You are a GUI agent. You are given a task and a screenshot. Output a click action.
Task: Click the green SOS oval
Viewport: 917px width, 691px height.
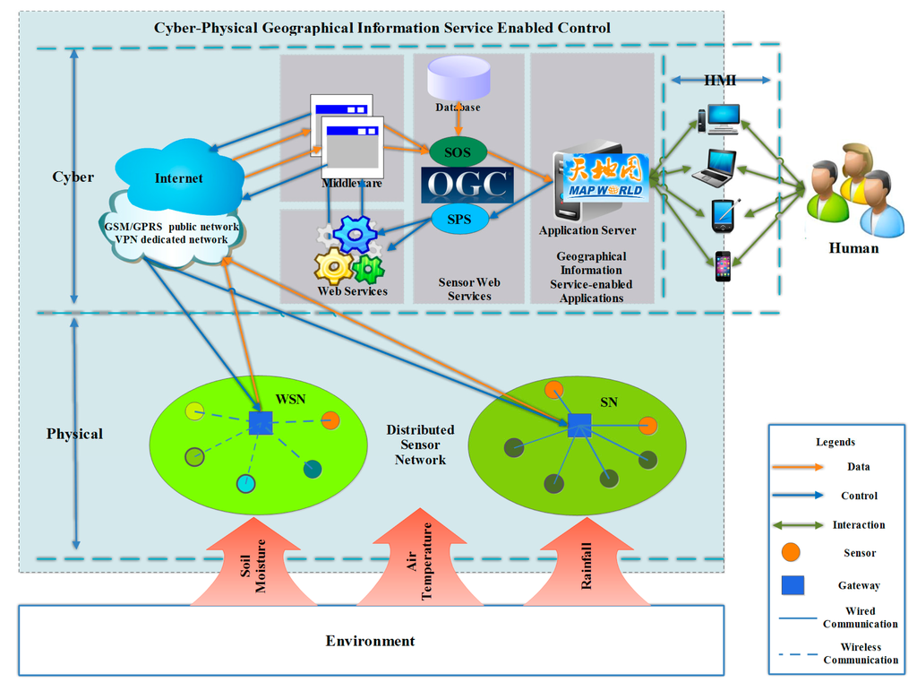coord(458,152)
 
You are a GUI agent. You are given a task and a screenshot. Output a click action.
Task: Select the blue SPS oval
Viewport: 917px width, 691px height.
coord(459,219)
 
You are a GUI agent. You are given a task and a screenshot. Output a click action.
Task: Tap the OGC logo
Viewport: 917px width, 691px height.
coord(467,185)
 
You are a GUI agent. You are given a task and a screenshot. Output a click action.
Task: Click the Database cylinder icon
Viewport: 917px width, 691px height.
coord(458,78)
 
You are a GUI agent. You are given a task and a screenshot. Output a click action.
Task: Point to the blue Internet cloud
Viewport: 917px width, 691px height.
coord(179,176)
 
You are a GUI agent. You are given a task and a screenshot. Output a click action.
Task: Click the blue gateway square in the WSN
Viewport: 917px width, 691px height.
coord(261,422)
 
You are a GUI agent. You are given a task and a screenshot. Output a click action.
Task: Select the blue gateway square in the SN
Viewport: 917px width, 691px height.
coord(579,426)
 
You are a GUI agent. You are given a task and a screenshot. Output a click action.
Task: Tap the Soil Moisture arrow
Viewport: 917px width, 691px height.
coord(253,562)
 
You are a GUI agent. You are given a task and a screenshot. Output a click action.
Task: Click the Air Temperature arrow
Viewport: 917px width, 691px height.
coord(420,557)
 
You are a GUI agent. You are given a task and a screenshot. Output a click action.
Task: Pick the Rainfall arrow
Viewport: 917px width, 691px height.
coord(587,562)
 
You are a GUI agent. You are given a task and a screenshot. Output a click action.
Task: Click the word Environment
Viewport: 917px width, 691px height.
coord(370,642)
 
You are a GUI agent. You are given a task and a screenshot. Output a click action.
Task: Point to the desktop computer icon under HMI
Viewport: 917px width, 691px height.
coord(719,119)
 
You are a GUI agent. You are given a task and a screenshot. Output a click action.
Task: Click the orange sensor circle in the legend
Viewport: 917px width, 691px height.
coord(791,552)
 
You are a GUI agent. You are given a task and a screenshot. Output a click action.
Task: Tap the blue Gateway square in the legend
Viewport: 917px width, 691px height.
coord(793,585)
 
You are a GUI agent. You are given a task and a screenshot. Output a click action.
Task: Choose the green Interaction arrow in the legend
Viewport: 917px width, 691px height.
coord(798,525)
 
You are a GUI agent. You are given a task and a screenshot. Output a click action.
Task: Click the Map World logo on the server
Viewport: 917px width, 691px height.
coord(606,177)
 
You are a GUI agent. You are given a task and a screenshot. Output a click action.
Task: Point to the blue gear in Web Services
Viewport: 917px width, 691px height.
coord(355,234)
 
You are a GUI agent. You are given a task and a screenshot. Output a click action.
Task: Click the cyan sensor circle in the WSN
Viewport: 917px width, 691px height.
coord(245,484)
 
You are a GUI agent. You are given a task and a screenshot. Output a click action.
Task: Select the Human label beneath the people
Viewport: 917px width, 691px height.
coord(853,248)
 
